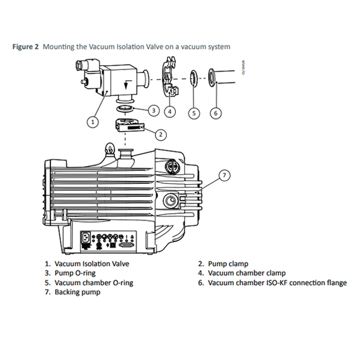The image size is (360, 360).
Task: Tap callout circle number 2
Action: (x=161, y=135)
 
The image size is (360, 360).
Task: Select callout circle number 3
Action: (x=153, y=110)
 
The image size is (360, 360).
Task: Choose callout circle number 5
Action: (x=193, y=112)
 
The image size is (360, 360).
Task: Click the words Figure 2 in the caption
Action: (x=26, y=47)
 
